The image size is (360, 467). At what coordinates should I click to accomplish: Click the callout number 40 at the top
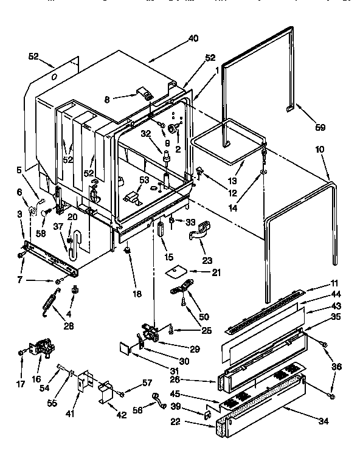(193, 39)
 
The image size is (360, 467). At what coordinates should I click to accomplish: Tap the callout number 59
(319, 127)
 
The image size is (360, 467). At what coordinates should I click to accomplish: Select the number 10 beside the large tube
(319, 150)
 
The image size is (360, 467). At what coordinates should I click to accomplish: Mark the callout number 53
(144, 180)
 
